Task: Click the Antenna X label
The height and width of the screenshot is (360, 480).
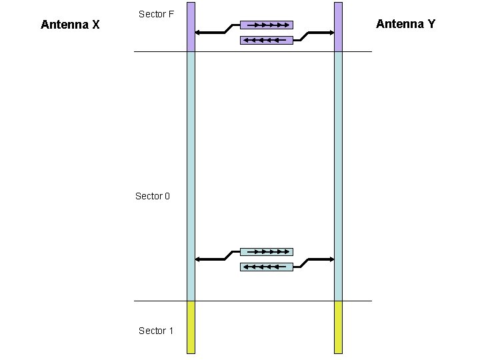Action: click(70, 25)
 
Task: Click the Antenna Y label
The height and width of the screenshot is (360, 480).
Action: click(405, 24)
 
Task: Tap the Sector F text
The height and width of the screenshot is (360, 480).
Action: click(156, 13)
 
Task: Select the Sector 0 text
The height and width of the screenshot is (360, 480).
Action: click(153, 196)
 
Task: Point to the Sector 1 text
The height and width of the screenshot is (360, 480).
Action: click(156, 331)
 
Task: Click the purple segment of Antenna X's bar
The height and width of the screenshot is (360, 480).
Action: click(191, 27)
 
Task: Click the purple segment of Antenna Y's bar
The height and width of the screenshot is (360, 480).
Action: click(338, 27)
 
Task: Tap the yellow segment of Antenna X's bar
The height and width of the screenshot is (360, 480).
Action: click(191, 327)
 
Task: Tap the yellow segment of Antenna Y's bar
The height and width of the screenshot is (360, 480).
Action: click(338, 327)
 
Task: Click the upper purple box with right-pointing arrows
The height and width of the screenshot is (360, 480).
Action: click(266, 25)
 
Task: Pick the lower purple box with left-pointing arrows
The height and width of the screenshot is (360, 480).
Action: click(266, 40)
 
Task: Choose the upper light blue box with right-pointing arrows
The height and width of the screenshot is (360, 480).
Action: click(266, 252)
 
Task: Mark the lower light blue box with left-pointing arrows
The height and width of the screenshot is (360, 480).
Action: click(266, 267)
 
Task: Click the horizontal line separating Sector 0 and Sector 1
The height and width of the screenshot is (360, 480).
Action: click(253, 301)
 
